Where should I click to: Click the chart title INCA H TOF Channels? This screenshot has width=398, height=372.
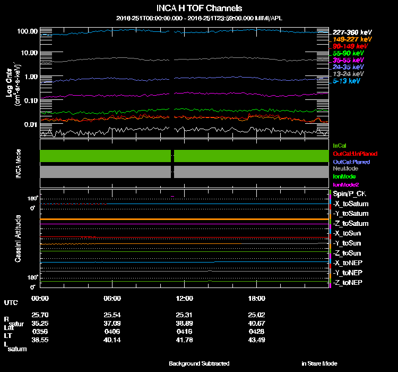click(x=199, y=9)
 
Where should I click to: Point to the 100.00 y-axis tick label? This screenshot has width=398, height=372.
click(x=28, y=32)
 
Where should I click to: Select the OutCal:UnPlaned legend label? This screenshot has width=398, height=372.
click(x=351, y=153)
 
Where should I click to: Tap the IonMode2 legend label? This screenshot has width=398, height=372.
click(x=345, y=184)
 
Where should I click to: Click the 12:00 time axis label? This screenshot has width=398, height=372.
click(x=184, y=299)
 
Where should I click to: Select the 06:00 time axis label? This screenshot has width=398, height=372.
click(x=113, y=299)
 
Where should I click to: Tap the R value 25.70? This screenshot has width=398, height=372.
click(x=40, y=315)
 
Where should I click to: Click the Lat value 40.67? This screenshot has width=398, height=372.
click(x=257, y=323)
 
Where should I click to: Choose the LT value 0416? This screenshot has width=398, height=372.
click(x=184, y=331)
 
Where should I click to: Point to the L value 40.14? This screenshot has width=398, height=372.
click(x=113, y=340)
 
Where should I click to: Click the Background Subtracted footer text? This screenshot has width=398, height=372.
click(x=199, y=363)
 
